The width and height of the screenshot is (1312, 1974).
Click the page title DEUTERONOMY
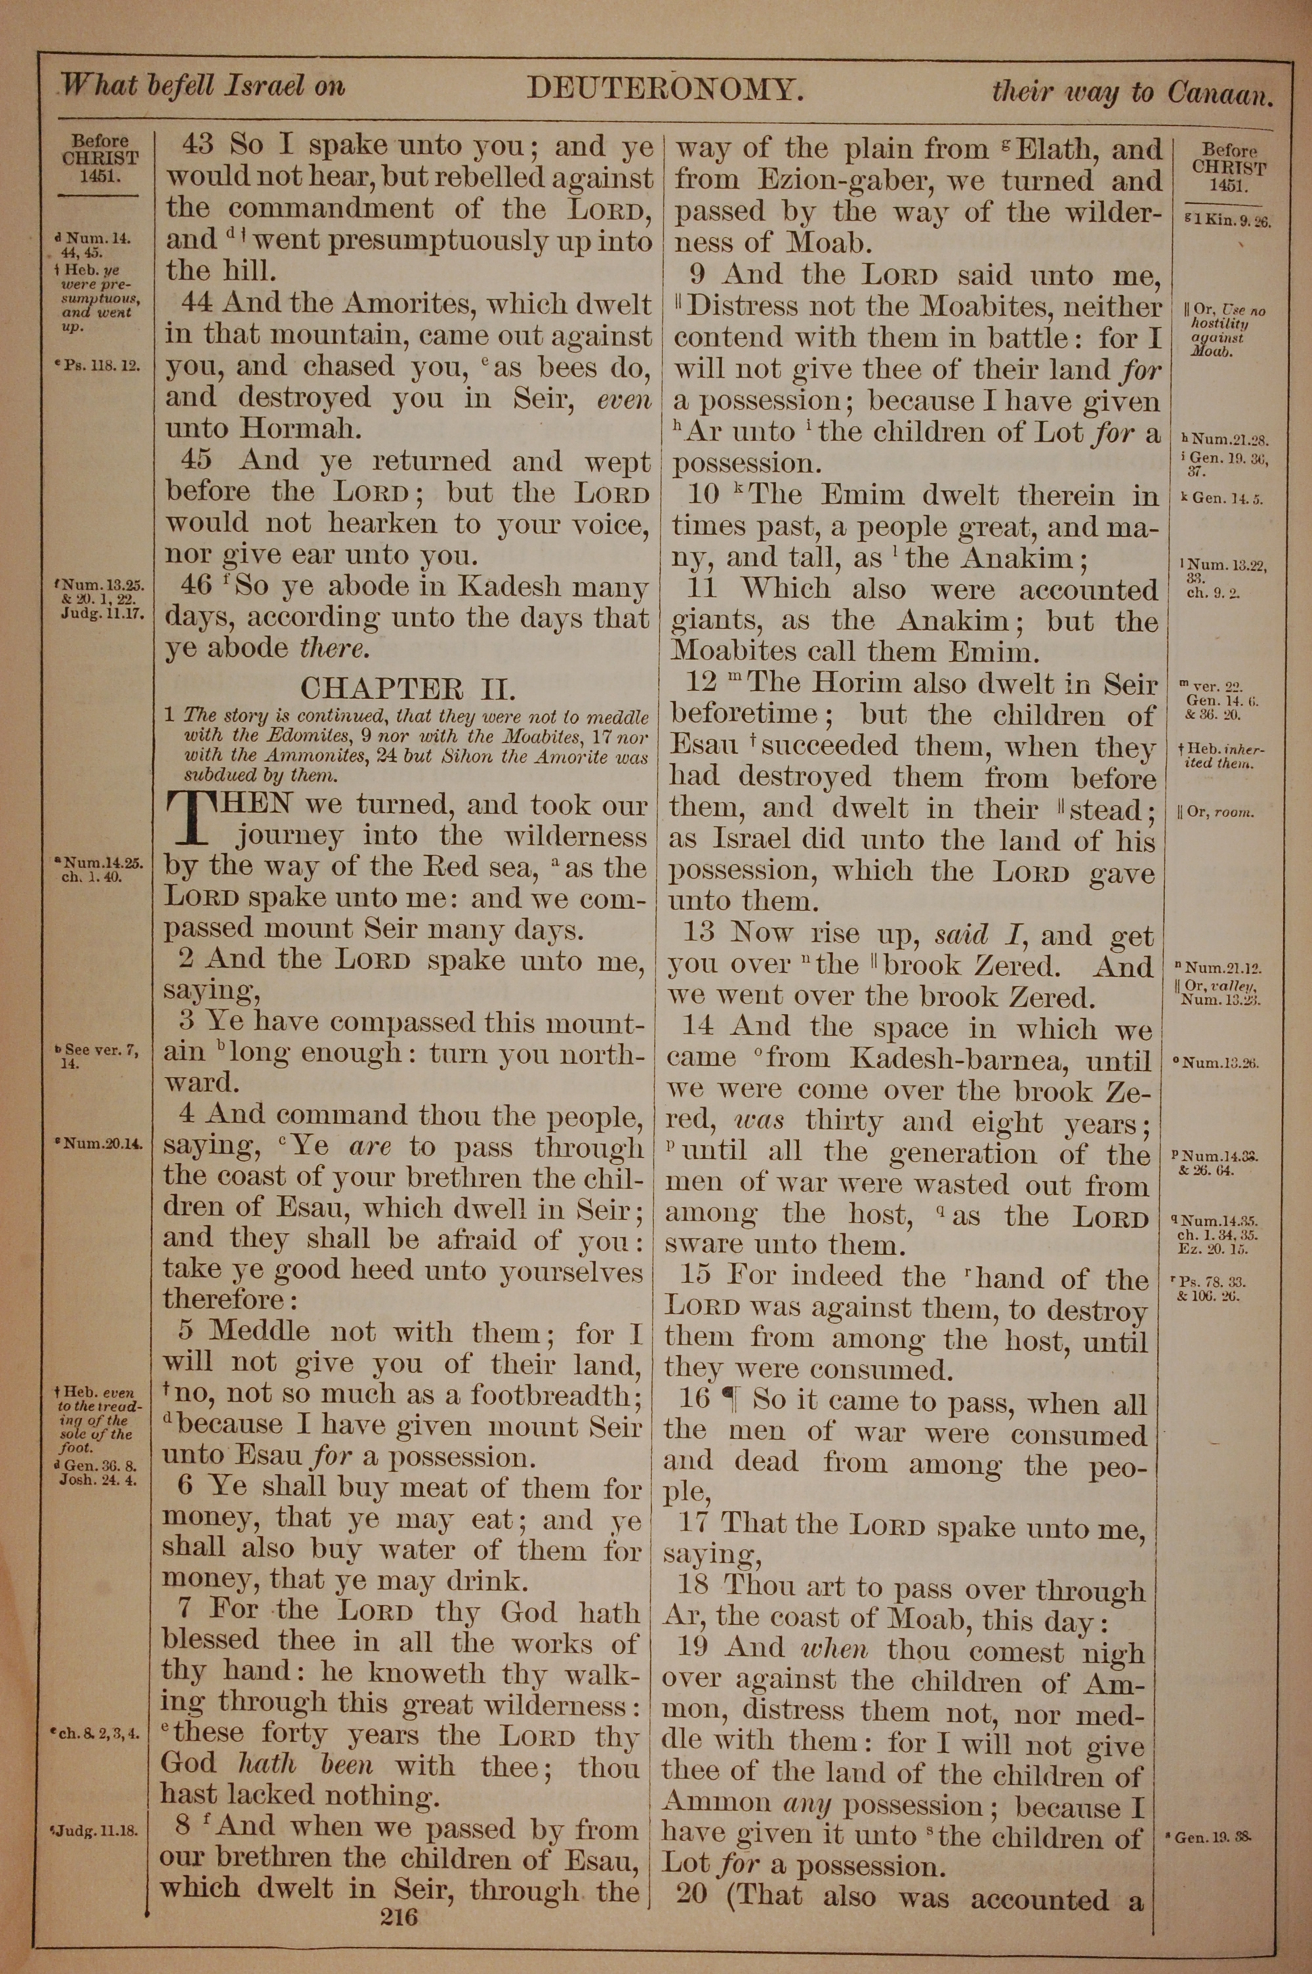[665, 89]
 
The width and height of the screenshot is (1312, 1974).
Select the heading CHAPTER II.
[407, 688]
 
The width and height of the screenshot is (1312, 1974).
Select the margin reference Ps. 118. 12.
[95, 365]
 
